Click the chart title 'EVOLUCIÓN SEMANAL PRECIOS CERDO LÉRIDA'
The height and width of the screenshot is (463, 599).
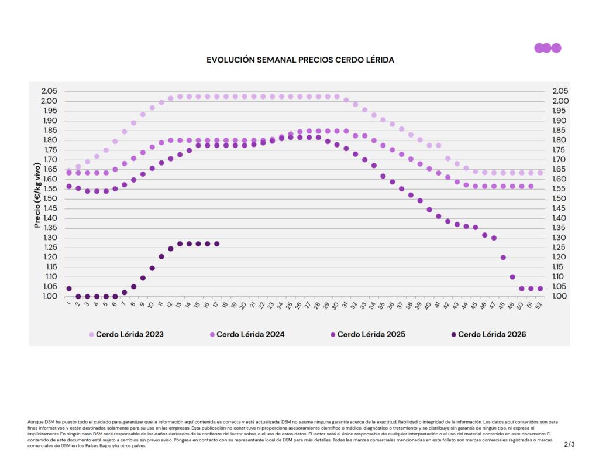click(x=300, y=60)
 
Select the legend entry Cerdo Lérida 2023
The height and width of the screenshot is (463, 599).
click(x=126, y=335)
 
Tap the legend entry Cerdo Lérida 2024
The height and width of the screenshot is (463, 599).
click(x=247, y=335)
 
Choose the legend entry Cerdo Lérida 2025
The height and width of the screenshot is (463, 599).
click(x=367, y=335)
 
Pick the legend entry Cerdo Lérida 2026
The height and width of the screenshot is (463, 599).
click(x=488, y=335)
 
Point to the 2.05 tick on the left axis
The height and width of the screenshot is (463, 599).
click(x=49, y=91)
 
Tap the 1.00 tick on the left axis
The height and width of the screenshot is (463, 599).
click(x=49, y=296)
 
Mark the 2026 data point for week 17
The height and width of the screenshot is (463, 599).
click(x=217, y=243)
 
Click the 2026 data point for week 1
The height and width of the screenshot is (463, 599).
click(x=69, y=289)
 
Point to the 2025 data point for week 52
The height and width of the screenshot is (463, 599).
click(x=540, y=289)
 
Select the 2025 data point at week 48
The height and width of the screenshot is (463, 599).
click(x=503, y=258)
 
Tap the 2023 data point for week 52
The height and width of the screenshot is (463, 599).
click(x=540, y=173)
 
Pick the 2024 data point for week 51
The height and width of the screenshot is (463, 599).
click(x=531, y=186)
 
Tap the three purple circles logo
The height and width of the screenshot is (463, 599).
click(x=548, y=48)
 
